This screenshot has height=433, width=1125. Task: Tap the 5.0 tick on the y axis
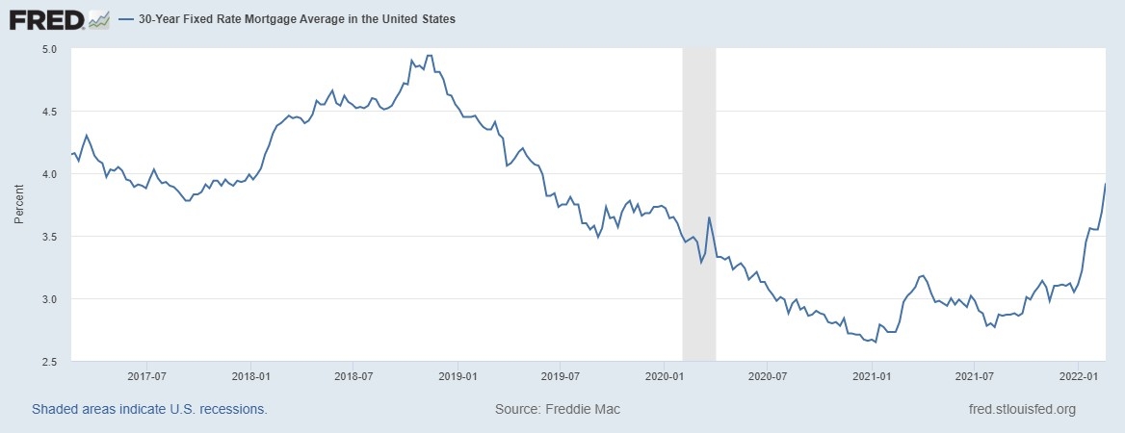click(x=49, y=48)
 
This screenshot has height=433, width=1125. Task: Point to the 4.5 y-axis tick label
click(x=49, y=112)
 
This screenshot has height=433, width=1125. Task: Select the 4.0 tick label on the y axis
click(x=49, y=174)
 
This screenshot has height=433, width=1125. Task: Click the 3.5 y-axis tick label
click(x=49, y=237)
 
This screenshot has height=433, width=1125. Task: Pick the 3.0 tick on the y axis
click(x=49, y=299)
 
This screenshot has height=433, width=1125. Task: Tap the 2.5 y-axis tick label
click(x=49, y=362)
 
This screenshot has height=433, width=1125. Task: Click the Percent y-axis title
click(x=19, y=205)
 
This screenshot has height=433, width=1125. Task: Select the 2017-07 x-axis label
click(x=146, y=376)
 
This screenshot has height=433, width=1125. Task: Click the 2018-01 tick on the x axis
click(x=250, y=376)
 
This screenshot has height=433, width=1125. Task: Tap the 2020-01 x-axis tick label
click(x=665, y=376)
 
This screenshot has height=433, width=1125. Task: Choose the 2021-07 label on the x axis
click(x=975, y=376)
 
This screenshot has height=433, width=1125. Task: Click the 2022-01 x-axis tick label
click(x=1079, y=376)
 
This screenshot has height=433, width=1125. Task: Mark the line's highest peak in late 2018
click(x=430, y=56)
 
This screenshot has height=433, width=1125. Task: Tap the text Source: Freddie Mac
click(x=558, y=409)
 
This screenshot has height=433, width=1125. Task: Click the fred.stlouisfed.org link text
click(x=1021, y=409)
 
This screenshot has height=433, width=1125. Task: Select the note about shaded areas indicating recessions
click(x=149, y=409)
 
